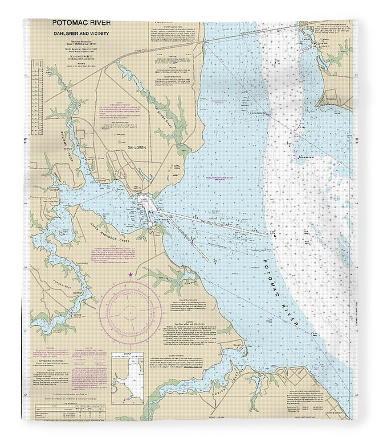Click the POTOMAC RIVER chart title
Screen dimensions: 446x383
(81, 23)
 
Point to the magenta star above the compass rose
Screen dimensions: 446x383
(130, 274)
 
